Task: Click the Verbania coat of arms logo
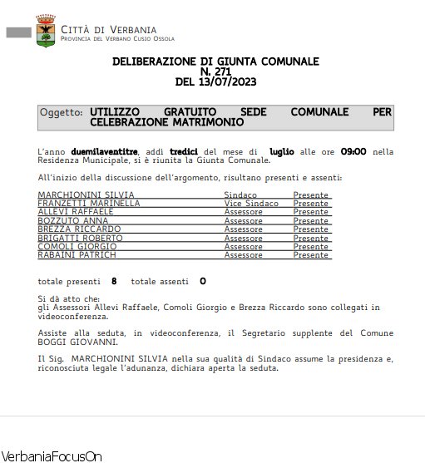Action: pyautogui.click(x=46, y=30)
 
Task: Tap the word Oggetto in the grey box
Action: pyautogui.click(x=62, y=111)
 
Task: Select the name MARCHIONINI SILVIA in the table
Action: pyautogui.click(x=86, y=195)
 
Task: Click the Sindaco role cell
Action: pyautogui.click(x=240, y=195)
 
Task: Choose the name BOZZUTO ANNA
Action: pyautogui.click(x=73, y=221)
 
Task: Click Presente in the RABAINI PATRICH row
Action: pyautogui.click(x=310, y=255)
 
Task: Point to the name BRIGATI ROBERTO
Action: pyautogui.click(x=80, y=238)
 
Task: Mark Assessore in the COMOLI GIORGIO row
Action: pyautogui.click(x=244, y=247)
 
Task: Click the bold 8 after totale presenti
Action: pyautogui.click(x=114, y=281)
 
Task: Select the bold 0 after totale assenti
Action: pyautogui.click(x=202, y=281)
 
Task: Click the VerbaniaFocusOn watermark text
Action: pyautogui.click(x=52, y=456)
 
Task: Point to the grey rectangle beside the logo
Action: pyautogui.click(x=18, y=32)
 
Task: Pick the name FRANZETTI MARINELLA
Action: pyautogui.click(x=89, y=204)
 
